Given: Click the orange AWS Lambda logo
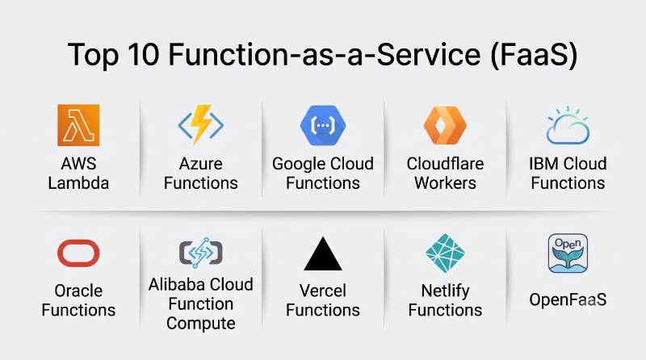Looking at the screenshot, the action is [x=78, y=125].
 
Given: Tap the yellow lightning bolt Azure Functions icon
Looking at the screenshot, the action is [x=200, y=124].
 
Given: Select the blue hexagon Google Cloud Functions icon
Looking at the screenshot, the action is [x=323, y=125].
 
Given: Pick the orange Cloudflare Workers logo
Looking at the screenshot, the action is [x=445, y=125].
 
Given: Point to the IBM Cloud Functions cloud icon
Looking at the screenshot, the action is [x=568, y=125].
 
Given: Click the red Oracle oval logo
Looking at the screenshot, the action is [x=78, y=253].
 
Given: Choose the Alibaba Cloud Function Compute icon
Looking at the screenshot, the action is [x=200, y=253].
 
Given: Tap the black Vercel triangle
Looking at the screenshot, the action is [x=323, y=253].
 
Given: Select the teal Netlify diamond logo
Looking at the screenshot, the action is [x=445, y=253].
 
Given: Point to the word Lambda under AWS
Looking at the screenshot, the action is [x=78, y=183].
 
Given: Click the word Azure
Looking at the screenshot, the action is [x=200, y=164].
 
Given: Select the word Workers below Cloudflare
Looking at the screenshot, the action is [x=445, y=183].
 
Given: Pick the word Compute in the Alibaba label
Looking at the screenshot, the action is [x=200, y=324].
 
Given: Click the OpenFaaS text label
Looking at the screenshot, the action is [x=568, y=299].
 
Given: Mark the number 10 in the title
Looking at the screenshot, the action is [x=143, y=54].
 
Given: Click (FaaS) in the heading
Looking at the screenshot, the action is [x=535, y=55].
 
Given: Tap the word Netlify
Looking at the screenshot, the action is [x=445, y=291].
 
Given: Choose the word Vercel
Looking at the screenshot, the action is [x=323, y=291].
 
